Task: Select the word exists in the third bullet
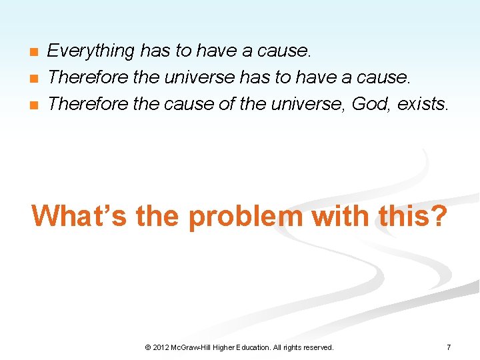coord(425,103)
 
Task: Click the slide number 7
coord(449,347)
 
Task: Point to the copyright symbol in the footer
coord(147,347)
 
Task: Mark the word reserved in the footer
coord(317,347)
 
